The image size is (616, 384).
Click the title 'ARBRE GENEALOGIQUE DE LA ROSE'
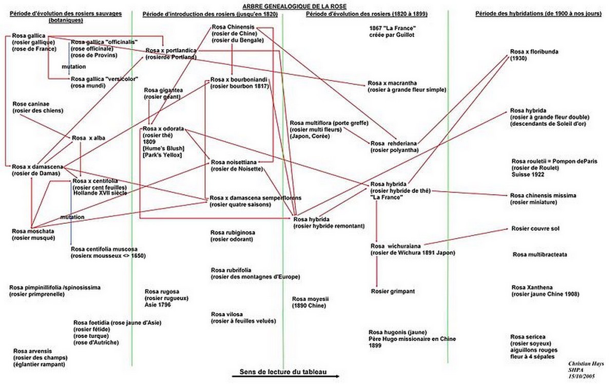click(x=294, y=6)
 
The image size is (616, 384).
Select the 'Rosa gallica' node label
click(x=29, y=36)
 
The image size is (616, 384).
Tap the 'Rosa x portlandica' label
click(x=171, y=51)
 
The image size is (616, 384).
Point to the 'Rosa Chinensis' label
click(x=233, y=27)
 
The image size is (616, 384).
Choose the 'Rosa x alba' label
click(x=88, y=138)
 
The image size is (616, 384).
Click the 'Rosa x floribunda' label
click(x=534, y=52)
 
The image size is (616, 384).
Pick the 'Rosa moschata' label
click(x=33, y=232)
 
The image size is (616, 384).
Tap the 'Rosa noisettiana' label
click(x=234, y=162)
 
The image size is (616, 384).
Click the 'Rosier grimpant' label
click(x=393, y=291)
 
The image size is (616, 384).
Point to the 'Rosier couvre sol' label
click(x=535, y=228)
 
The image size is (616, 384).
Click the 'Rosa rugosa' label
click(x=162, y=292)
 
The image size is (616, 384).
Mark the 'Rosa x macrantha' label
click(x=392, y=83)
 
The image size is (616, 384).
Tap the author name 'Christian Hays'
click(x=586, y=364)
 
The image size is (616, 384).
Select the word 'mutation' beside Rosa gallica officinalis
click(x=73, y=67)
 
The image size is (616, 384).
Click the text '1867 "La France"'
click(x=392, y=28)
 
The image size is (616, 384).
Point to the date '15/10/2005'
click(x=582, y=376)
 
